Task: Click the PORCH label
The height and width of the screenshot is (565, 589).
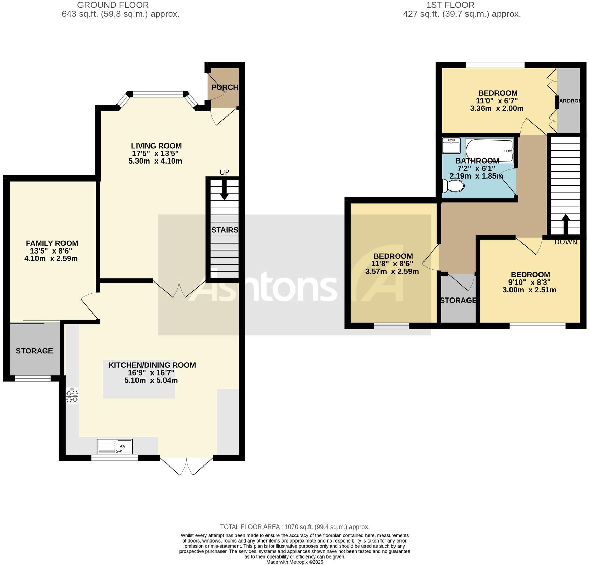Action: coord(225,87)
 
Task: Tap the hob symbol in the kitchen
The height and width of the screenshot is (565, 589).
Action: coord(72,396)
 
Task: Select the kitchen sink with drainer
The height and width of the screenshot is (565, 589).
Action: coord(115,446)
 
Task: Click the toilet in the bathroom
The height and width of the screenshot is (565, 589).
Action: coord(454,186)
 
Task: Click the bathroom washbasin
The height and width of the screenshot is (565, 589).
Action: coord(451,146)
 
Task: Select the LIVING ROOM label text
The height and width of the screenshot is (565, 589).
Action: coord(156,146)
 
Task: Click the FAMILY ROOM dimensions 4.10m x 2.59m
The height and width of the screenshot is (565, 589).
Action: coord(51,259)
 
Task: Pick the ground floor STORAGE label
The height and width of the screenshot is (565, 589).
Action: coord(34,351)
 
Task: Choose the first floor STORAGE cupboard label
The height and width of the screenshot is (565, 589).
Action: coord(458,301)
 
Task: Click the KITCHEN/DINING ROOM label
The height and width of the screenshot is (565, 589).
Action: coord(152,365)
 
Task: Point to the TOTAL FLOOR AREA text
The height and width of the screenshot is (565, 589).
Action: coord(294,527)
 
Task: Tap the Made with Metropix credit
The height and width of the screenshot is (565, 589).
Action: coord(294,562)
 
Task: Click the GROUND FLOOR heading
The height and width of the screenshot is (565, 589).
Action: coord(113,5)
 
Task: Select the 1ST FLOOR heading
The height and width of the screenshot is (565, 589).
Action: coord(450,5)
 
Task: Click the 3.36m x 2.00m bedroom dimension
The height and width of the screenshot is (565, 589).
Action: coord(497,109)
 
